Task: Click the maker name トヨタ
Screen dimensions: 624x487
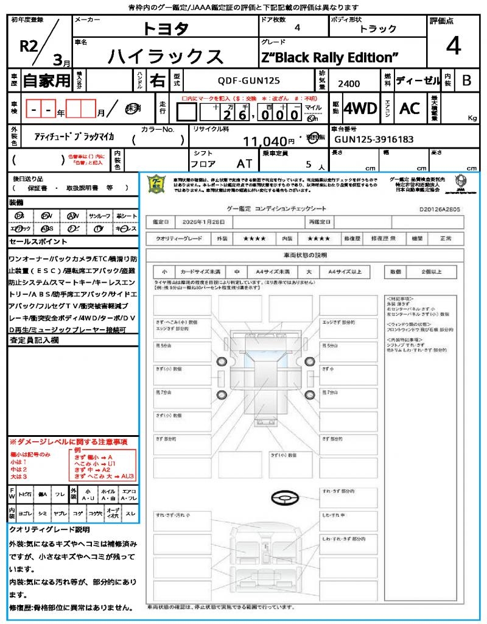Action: [165, 29]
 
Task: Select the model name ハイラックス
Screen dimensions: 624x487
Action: [165, 56]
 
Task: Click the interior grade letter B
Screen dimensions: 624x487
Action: [466, 80]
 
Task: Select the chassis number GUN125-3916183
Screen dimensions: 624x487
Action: [373, 140]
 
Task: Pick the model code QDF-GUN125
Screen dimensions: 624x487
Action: [249, 80]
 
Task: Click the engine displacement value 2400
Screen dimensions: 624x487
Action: [349, 83]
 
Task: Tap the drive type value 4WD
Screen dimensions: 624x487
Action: [360, 108]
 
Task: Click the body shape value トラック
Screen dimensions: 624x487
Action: [378, 29]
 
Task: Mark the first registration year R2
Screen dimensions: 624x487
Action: [29, 45]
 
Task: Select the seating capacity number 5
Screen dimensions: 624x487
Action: [308, 164]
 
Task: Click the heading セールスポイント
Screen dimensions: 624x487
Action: [34, 242]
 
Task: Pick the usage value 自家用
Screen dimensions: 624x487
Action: [47, 80]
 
